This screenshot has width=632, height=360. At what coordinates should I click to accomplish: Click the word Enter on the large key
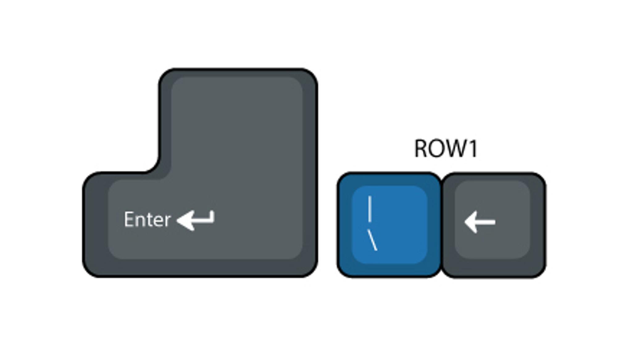147,220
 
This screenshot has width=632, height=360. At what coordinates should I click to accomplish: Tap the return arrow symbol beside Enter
196,220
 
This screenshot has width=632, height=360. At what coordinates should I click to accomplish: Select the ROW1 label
446,149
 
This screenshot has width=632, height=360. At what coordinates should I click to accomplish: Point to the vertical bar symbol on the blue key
370,209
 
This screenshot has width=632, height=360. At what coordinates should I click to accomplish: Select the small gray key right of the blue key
494,225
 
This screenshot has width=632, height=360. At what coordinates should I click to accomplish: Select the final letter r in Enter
168,221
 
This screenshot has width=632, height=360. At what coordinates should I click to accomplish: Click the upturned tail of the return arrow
212,215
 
